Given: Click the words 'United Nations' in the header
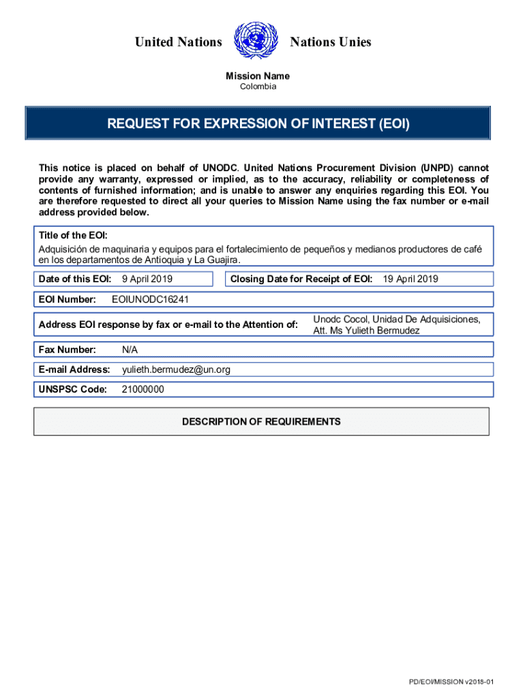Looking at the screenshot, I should click(x=179, y=42).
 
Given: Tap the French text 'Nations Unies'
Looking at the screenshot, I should click(x=331, y=42).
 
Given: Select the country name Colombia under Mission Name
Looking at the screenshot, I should click(x=258, y=87).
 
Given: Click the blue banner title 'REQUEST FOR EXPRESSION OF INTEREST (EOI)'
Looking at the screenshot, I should click(x=258, y=123).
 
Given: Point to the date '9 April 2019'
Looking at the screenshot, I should click(x=147, y=279).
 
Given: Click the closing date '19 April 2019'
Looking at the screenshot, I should click(x=410, y=279).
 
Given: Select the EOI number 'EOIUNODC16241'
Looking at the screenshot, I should click(x=150, y=299).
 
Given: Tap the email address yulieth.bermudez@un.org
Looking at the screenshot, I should click(x=176, y=369).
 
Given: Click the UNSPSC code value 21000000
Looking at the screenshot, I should click(x=142, y=389).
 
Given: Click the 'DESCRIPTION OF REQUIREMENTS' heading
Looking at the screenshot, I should click(x=261, y=422).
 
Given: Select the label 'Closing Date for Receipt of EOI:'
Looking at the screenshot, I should click(x=301, y=279).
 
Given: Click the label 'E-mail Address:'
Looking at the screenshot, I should click(x=74, y=369).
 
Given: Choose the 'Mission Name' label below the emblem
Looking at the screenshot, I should click(x=258, y=76).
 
